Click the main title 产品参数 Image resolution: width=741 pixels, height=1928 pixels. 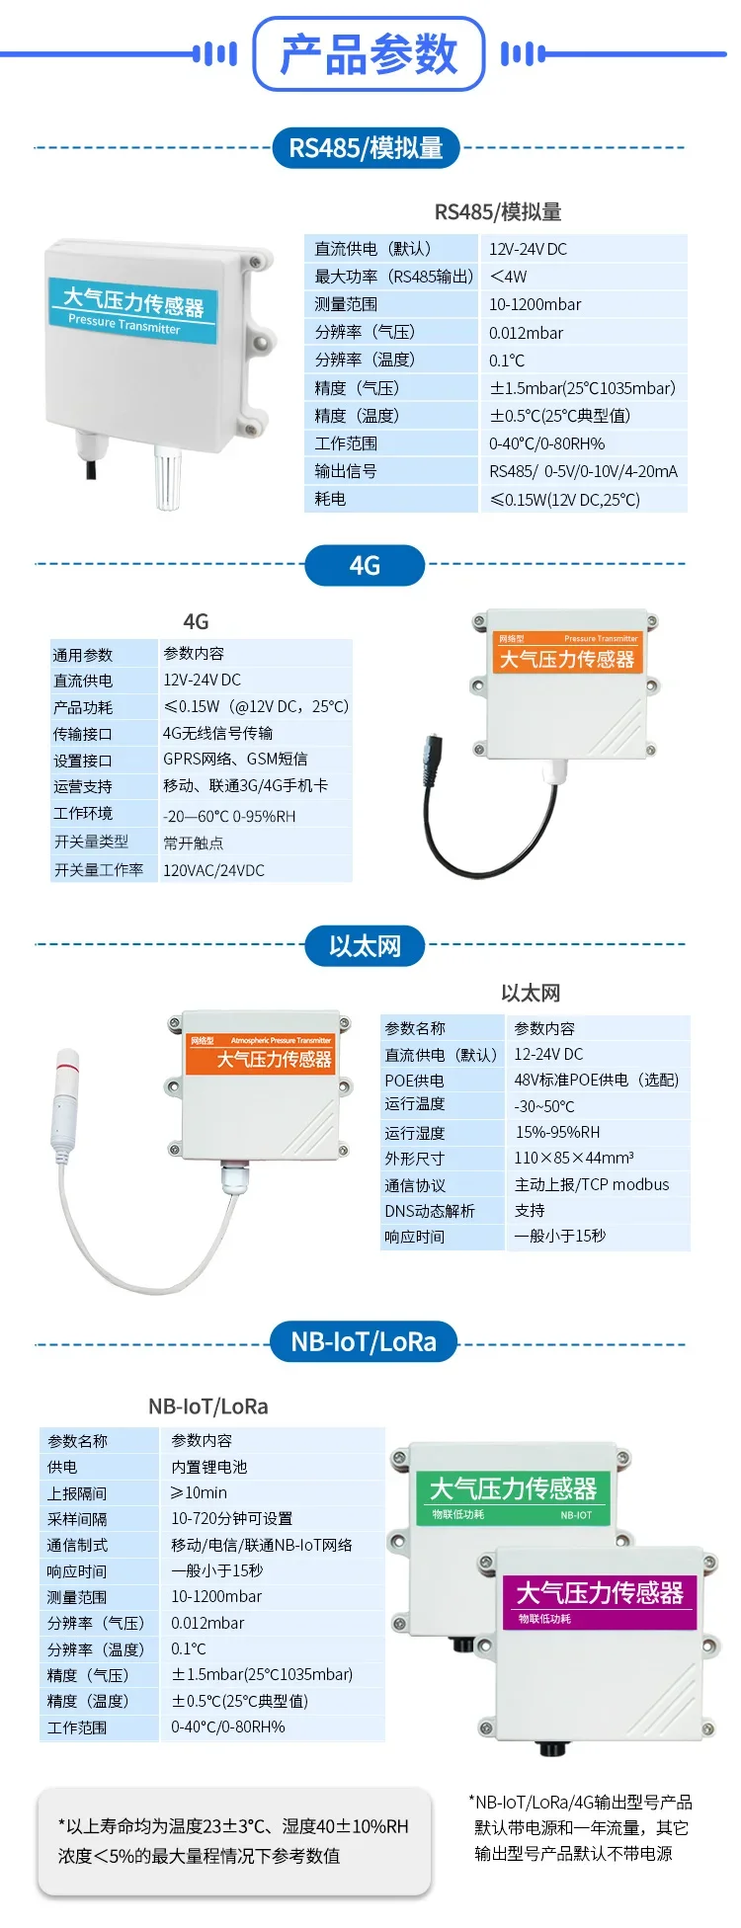(370, 53)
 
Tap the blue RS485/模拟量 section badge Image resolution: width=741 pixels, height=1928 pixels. (366, 148)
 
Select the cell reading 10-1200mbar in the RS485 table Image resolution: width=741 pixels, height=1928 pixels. (535, 304)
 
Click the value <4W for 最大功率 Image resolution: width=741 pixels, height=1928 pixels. (509, 277)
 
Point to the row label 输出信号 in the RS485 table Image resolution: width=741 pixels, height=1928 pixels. (346, 471)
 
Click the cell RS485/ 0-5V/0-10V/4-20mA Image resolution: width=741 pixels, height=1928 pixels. (584, 471)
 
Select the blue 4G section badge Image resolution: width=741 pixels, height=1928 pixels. (365, 565)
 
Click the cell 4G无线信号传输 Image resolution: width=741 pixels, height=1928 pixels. (218, 733)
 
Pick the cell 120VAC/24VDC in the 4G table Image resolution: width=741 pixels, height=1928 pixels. (213, 870)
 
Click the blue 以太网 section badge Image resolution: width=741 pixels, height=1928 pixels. (365, 946)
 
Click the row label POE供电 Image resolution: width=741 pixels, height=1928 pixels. (414, 1081)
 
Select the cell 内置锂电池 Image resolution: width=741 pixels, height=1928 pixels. (209, 1467)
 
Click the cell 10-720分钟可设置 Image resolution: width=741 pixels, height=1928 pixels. (232, 1518)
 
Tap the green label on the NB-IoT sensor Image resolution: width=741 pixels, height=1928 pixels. (513, 1497)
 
